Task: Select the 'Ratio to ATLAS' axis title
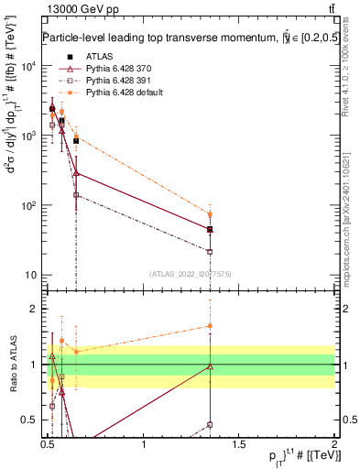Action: coord(13,365)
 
